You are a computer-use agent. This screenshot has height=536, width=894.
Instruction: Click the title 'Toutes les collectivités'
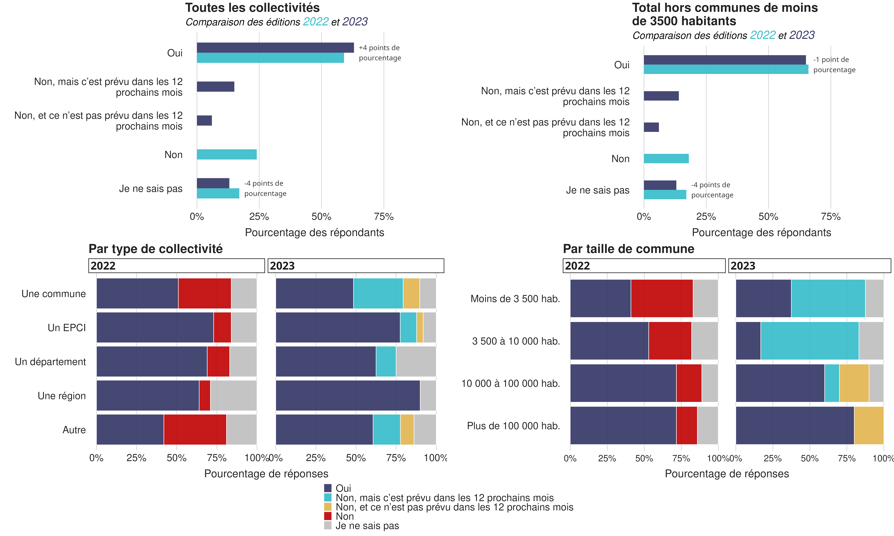pyautogui.click(x=252, y=8)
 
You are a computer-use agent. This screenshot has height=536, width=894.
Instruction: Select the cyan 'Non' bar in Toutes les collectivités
pyautogui.click(x=227, y=155)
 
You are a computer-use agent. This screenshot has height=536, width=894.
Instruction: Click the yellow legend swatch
pyautogui.click(x=327, y=507)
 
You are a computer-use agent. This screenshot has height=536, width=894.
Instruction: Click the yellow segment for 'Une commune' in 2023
pyautogui.click(x=411, y=293)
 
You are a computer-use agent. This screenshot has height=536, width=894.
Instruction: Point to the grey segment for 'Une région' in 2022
pyautogui.click(x=233, y=395)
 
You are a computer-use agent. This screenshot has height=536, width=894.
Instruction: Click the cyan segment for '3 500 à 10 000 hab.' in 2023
pyautogui.click(x=809, y=341)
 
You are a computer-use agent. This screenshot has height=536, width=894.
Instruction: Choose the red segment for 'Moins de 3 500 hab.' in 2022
pyautogui.click(x=662, y=298)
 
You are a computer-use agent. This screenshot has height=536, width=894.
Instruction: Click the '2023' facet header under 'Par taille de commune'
pyautogui.click(x=809, y=266)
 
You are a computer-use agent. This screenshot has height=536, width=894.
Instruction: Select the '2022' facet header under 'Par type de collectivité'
pyautogui.click(x=176, y=266)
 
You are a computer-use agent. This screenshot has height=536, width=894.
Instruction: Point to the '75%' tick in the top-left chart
pyautogui.click(x=384, y=217)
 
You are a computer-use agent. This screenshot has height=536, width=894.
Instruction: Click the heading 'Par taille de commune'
pyautogui.click(x=628, y=249)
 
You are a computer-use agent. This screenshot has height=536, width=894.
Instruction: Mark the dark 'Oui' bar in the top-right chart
pyautogui.click(x=724, y=60)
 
